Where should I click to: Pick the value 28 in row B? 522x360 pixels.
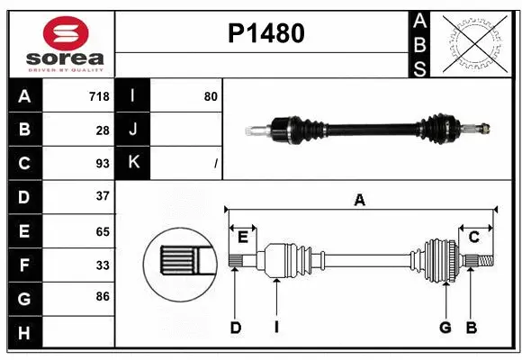tap(102, 130)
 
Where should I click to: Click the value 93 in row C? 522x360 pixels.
tap(102, 163)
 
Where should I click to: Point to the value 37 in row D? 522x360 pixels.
tap(102, 195)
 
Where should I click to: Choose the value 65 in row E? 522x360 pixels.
tap(102, 230)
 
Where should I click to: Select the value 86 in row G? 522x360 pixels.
tap(102, 295)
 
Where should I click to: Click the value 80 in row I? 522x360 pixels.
tap(211, 96)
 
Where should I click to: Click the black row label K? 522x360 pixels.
tap(133, 163)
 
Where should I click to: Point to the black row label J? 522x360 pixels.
tap(133, 130)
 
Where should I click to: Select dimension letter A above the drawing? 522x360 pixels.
tap(360, 200)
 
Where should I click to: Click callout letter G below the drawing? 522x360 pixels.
tap(445, 328)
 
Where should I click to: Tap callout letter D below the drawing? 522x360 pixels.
tap(235, 328)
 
